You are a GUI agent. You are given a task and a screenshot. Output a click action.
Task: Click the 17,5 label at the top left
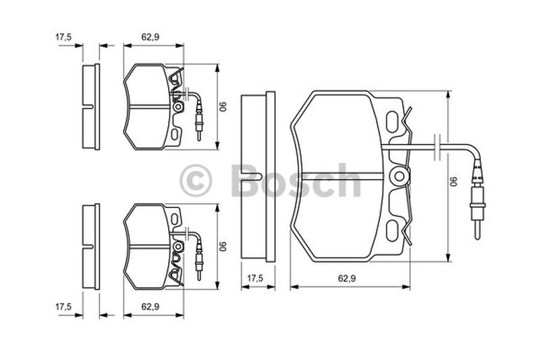[x=63, y=37]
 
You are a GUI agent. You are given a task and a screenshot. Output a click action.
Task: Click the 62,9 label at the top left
[x=150, y=37]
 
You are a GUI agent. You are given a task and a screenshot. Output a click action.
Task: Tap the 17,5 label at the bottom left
[x=63, y=307]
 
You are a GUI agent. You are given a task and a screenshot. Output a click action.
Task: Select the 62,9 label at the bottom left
[x=150, y=307]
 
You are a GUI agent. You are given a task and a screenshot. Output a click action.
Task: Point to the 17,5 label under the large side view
[x=255, y=278]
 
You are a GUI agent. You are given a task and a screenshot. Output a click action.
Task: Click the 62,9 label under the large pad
[x=346, y=278]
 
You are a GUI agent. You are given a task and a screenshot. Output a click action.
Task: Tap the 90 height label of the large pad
[x=455, y=182]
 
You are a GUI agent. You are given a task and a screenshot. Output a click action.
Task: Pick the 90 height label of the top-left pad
[x=224, y=106]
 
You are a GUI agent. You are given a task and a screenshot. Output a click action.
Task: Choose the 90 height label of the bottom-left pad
[x=224, y=246]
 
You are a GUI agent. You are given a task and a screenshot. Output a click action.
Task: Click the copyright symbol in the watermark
[x=195, y=180]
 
